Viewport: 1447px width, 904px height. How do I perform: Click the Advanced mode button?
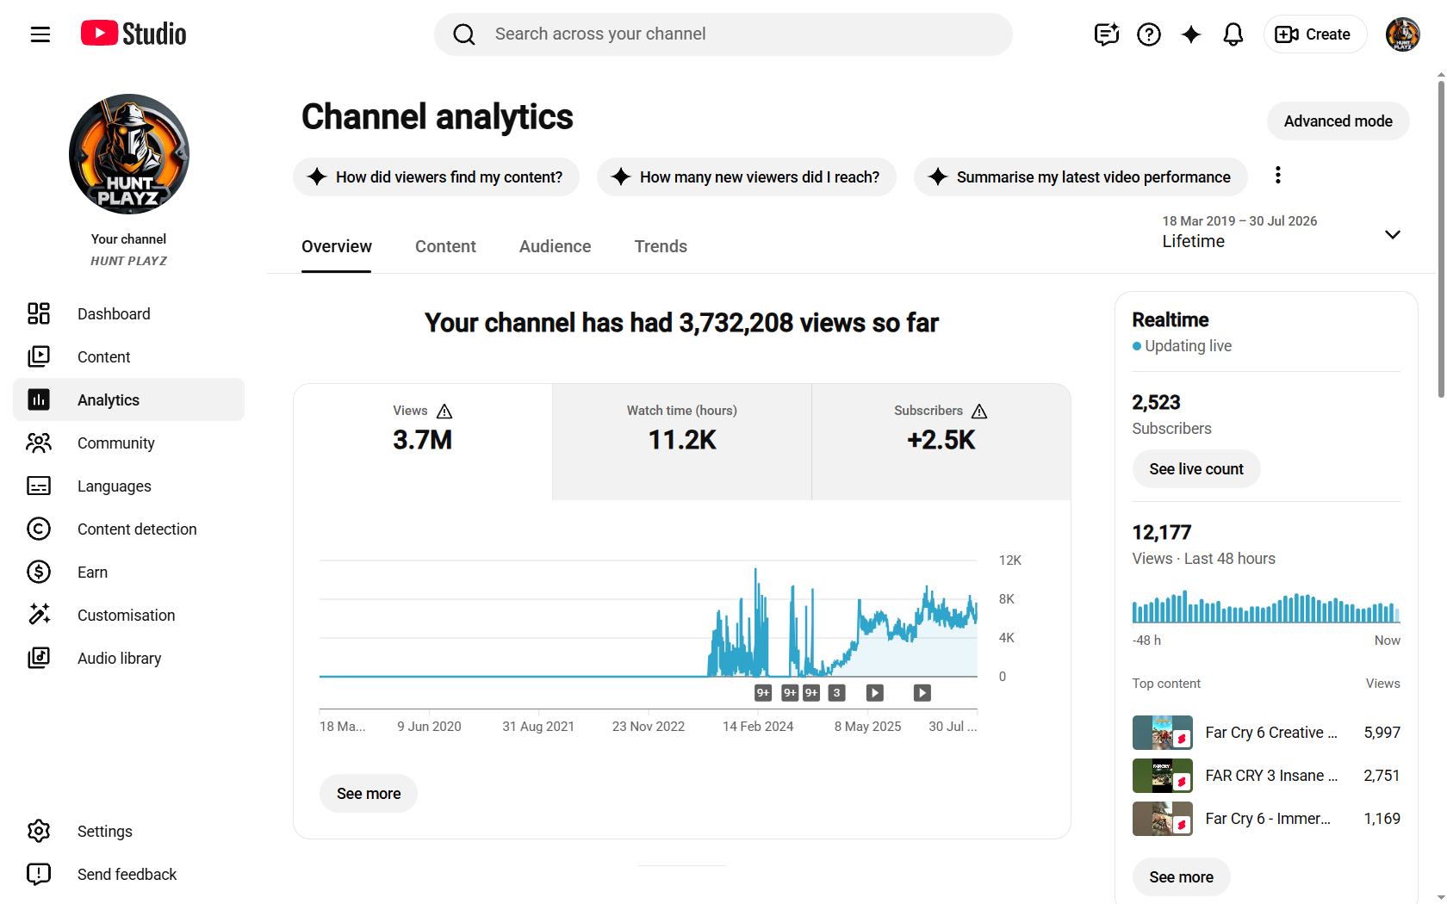(1337, 121)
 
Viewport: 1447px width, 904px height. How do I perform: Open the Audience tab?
(555, 246)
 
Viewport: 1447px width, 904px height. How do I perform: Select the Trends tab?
(660, 246)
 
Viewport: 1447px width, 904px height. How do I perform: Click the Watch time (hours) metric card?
(681, 441)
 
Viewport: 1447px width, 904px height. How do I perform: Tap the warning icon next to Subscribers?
(979, 412)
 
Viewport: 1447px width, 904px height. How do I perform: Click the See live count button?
(1195, 468)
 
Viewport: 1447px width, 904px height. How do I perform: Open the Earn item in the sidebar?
(91, 572)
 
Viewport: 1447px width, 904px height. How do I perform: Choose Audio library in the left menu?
(119, 658)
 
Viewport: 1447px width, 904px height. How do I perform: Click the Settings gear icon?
(39, 831)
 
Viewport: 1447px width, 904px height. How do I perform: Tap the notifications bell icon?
(1233, 34)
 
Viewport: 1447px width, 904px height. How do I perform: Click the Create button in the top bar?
(1314, 34)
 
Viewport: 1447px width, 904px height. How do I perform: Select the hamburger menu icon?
(40, 34)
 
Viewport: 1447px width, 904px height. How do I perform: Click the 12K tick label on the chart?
(1009, 560)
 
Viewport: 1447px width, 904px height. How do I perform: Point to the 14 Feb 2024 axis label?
(758, 727)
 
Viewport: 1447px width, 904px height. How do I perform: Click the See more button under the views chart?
(369, 793)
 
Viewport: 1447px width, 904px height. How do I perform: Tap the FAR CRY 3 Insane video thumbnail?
(1162, 776)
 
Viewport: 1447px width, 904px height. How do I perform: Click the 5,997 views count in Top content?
(1382, 732)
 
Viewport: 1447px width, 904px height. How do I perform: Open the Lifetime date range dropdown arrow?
(1393, 234)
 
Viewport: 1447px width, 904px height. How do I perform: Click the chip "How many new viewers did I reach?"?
(746, 177)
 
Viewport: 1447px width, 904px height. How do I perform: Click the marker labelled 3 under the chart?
(836, 693)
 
